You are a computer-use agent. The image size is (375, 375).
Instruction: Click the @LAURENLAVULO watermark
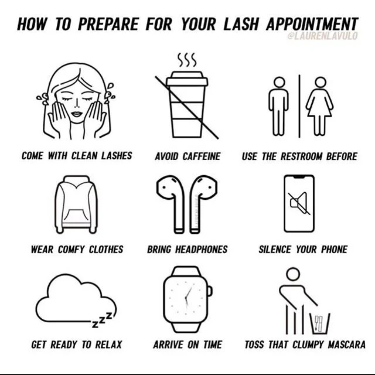click(x=322, y=36)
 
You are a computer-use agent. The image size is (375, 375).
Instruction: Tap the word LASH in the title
click(x=241, y=24)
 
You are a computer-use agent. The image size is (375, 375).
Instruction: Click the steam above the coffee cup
click(x=187, y=60)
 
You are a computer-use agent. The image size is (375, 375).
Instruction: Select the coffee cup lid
click(x=187, y=79)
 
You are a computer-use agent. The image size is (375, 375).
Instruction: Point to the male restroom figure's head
click(x=279, y=82)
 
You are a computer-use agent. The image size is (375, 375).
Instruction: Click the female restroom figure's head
click(x=321, y=82)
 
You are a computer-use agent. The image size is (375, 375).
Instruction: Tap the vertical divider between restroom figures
click(x=299, y=106)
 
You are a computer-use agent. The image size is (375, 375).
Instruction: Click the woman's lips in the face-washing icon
click(x=77, y=114)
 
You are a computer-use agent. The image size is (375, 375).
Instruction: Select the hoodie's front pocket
click(x=76, y=216)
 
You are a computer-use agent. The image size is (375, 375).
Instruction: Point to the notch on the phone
click(x=299, y=177)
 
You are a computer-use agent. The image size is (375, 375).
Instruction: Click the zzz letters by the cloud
click(x=102, y=320)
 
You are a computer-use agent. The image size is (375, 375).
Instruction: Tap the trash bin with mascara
click(x=320, y=323)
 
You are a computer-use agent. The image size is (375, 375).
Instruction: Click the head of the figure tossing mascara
click(x=293, y=274)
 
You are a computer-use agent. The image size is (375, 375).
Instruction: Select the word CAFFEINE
click(x=202, y=156)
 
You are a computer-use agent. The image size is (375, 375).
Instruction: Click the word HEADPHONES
click(x=202, y=250)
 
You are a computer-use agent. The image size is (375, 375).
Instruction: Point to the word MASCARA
click(x=346, y=345)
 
